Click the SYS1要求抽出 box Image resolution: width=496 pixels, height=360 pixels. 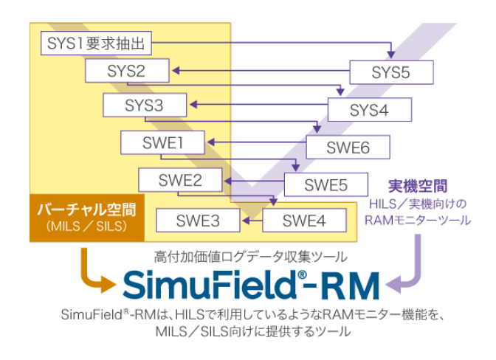point(95,44)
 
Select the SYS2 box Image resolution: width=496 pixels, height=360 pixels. point(126,72)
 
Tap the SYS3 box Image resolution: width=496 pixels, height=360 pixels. point(144,105)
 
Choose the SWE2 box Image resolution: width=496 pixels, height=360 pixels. point(180,180)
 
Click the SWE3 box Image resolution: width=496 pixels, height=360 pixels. point(198,220)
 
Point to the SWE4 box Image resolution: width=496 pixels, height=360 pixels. point(304,220)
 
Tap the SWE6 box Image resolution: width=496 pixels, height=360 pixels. point(348,148)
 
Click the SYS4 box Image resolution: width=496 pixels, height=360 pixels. point(368,111)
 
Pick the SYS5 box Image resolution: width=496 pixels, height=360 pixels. point(390,72)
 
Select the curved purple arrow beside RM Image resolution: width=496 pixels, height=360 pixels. point(410,270)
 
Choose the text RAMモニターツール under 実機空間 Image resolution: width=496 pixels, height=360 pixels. point(418,220)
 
